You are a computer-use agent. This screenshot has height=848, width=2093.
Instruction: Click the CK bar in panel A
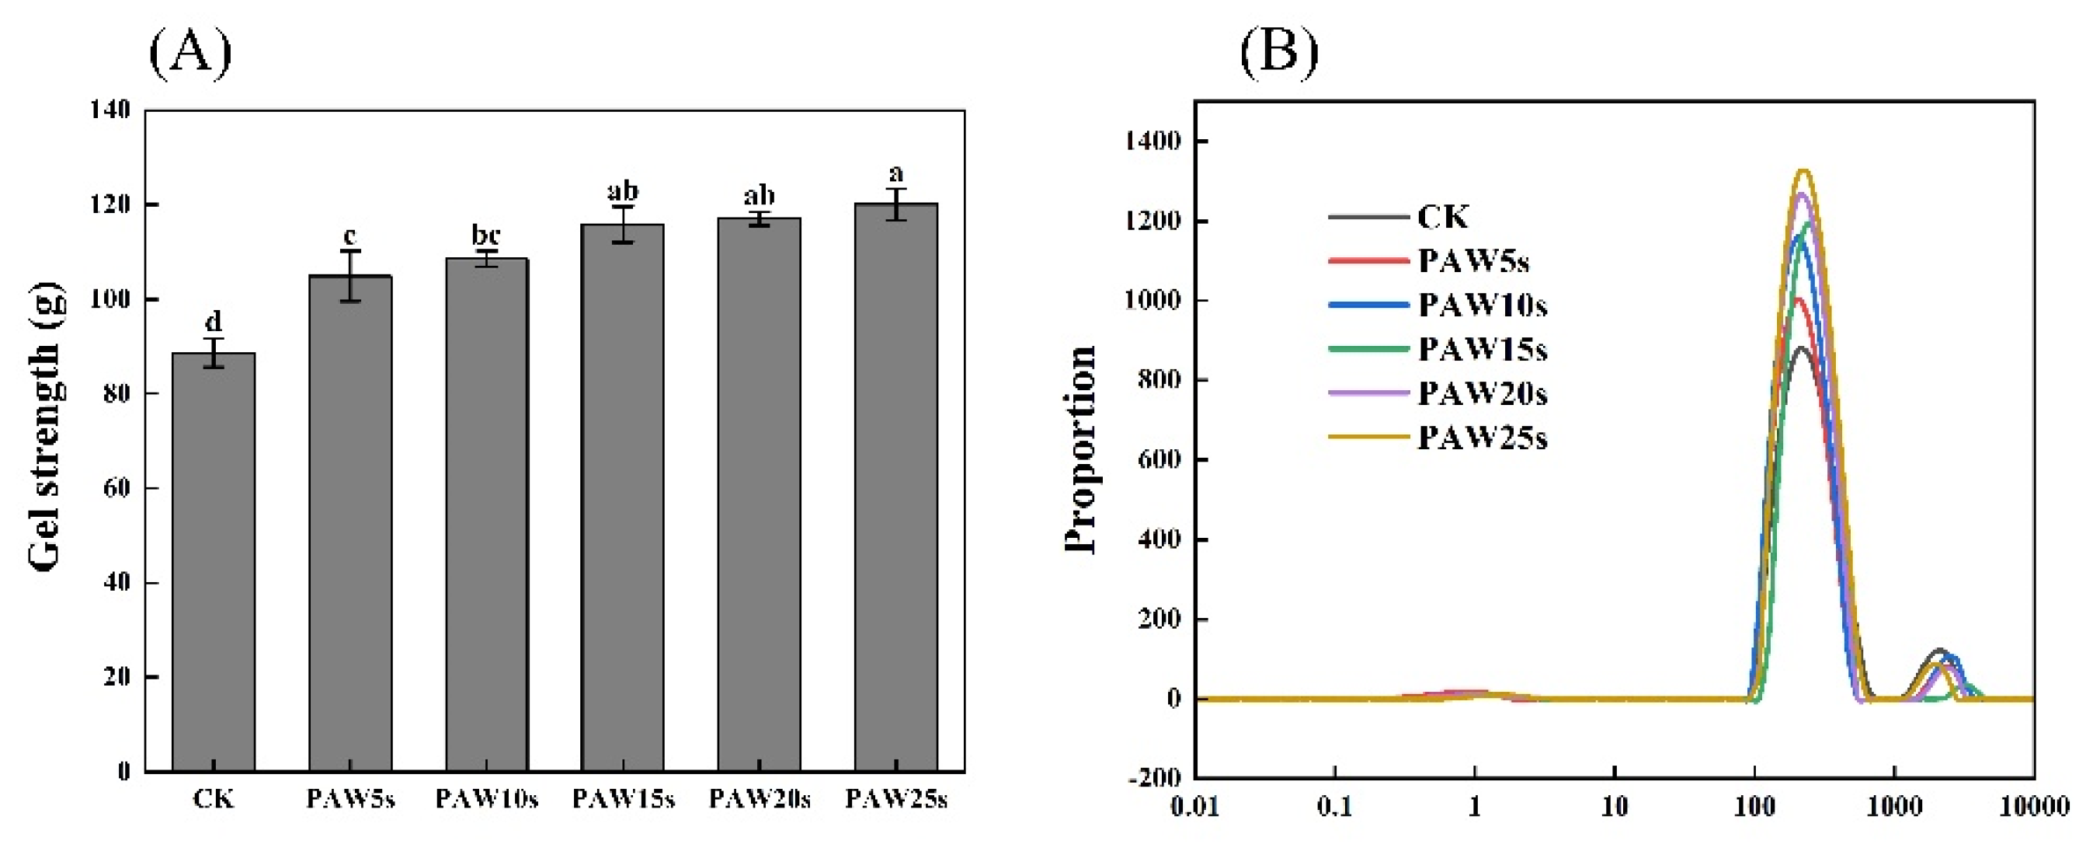(213, 561)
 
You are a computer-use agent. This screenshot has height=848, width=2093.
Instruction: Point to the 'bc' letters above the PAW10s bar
(486, 235)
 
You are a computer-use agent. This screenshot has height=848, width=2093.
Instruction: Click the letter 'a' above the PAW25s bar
(895, 173)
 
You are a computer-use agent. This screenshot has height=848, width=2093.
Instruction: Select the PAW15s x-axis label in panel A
(623, 799)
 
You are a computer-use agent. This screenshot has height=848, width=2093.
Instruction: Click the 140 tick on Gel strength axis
(110, 110)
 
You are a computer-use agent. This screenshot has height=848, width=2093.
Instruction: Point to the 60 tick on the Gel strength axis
(117, 488)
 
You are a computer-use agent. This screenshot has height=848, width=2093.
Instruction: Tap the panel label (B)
(1279, 52)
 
